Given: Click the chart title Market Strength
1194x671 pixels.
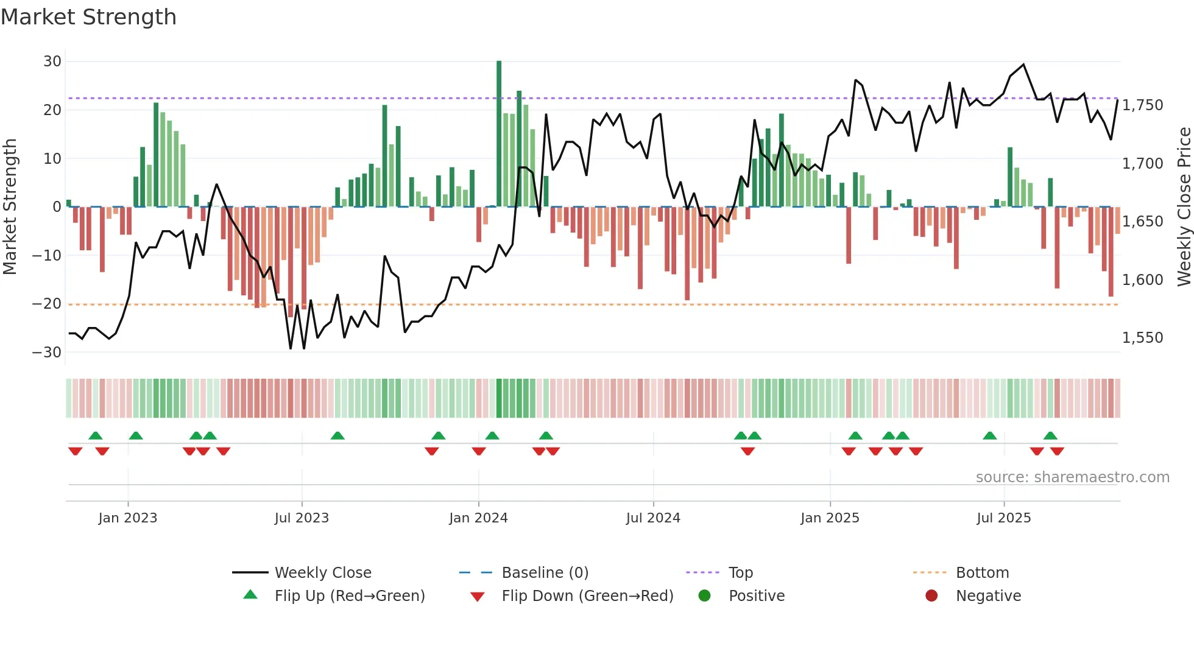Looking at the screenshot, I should click(88, 17).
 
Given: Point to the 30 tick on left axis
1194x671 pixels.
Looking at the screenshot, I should click(52, 61).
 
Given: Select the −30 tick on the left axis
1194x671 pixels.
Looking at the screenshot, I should click(48, 353).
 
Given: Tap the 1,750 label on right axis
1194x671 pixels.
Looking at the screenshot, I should click(1142, 105).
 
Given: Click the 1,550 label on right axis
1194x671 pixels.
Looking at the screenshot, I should click(1142, 338).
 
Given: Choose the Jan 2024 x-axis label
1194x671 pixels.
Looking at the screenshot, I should click(478, 518).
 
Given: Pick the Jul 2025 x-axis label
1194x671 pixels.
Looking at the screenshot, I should click(1003, 518).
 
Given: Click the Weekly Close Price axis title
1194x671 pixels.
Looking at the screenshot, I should click(1184, 207).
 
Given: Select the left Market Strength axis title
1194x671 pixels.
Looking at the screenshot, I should click(10, 207).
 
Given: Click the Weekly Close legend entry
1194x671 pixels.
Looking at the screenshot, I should click(322, 573).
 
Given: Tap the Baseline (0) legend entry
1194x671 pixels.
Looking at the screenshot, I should click(545, 573).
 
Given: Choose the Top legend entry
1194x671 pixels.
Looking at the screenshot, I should click(740, 573).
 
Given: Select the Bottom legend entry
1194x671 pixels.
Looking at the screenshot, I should click(982, 573).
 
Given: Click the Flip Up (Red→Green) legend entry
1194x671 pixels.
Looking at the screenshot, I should click(349, 596).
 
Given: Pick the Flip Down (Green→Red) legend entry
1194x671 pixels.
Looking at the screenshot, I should click(587, 596).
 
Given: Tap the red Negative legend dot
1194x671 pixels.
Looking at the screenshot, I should click(931, 596).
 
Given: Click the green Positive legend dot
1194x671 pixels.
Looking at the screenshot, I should click(704, 596).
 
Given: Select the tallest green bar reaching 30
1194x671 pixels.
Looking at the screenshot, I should click(499, 134).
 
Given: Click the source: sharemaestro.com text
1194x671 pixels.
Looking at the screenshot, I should click(1072, 477).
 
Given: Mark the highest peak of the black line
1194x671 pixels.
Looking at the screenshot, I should click(1023, 65).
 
